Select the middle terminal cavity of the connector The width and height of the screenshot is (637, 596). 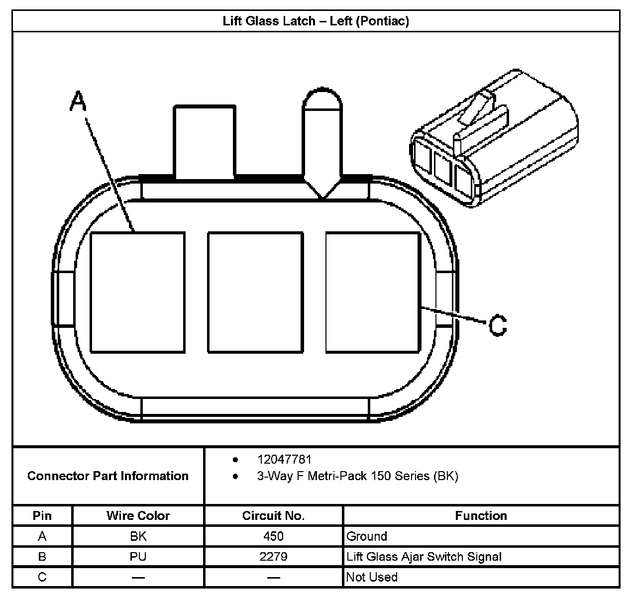pos(255,293)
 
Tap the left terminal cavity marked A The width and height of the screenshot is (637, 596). pos(137,293)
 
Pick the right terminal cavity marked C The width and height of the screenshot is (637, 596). pos(373,293)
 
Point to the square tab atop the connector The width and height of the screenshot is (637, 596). pos(204,141)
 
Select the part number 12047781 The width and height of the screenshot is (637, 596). pos(284,459)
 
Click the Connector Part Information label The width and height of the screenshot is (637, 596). pos(108,476)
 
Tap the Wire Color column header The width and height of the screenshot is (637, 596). pos(138,516)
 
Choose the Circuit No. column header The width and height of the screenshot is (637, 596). pos(273,516)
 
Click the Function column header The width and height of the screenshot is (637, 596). pos(481,516)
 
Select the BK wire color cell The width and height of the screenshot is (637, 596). pos(138,536)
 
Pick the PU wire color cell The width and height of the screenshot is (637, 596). pos(138,557)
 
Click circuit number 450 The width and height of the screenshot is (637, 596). pos(273,536)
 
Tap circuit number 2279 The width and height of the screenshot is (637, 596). pos(273,557)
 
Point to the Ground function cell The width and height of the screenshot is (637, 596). pos(367,536)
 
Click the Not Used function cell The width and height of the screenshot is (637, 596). pos(372,577)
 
